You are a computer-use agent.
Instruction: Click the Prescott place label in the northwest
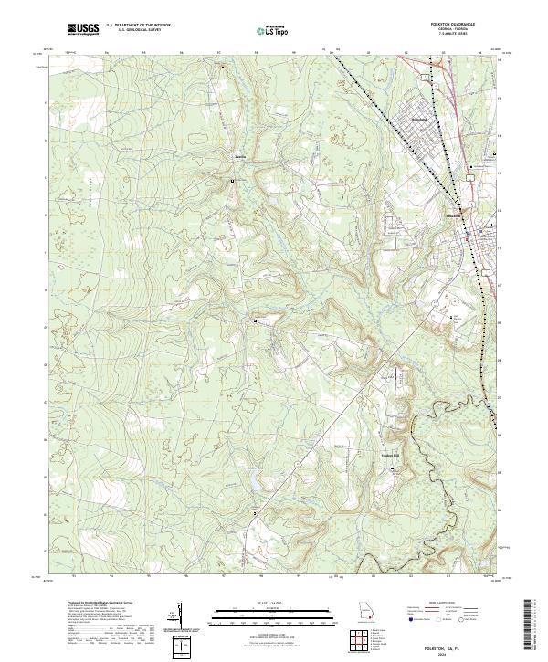point(241,156)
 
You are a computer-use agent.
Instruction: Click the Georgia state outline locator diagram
point(364,611)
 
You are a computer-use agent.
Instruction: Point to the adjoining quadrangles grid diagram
point(365,638)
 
